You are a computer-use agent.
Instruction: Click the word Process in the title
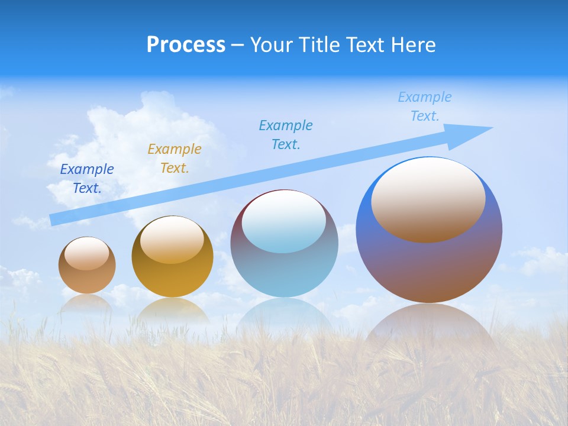tap(186, 45)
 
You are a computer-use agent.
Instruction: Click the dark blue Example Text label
tap(87, 179)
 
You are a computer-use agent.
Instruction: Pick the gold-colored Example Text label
tap(175, 159)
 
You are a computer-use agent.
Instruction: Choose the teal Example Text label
tap(286, 135)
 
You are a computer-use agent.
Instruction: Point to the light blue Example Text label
tap(424, 106)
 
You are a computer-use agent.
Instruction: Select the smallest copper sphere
tap(87, 278)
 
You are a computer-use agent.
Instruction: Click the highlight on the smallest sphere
tap(87, 254)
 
